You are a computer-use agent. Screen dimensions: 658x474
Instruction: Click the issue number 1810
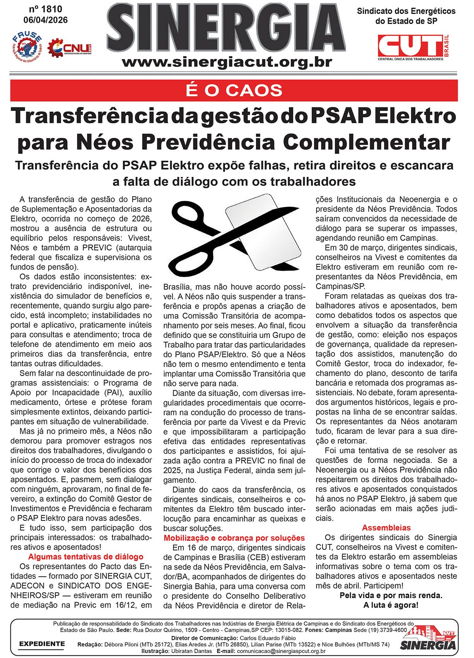pos(45,9)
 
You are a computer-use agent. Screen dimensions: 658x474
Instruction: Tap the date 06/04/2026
pos(45,20)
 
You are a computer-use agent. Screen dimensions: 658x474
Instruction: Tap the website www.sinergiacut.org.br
pos(227,62)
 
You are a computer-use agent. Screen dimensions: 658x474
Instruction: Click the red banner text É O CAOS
pos(234,90)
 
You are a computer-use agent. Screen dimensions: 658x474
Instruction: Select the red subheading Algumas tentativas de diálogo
pos(86,557)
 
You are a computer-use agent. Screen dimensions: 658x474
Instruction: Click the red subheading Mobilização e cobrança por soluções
pos(234,538)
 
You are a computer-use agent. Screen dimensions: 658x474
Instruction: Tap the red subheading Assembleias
pos(386,528)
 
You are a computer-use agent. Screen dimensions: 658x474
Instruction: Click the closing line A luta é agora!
pos(391,605)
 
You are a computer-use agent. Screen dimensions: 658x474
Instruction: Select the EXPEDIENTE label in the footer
pos(42,644)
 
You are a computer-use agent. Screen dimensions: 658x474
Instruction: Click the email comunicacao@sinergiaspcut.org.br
pos(281,651)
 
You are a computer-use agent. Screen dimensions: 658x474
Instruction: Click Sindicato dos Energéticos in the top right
pos(406,11)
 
